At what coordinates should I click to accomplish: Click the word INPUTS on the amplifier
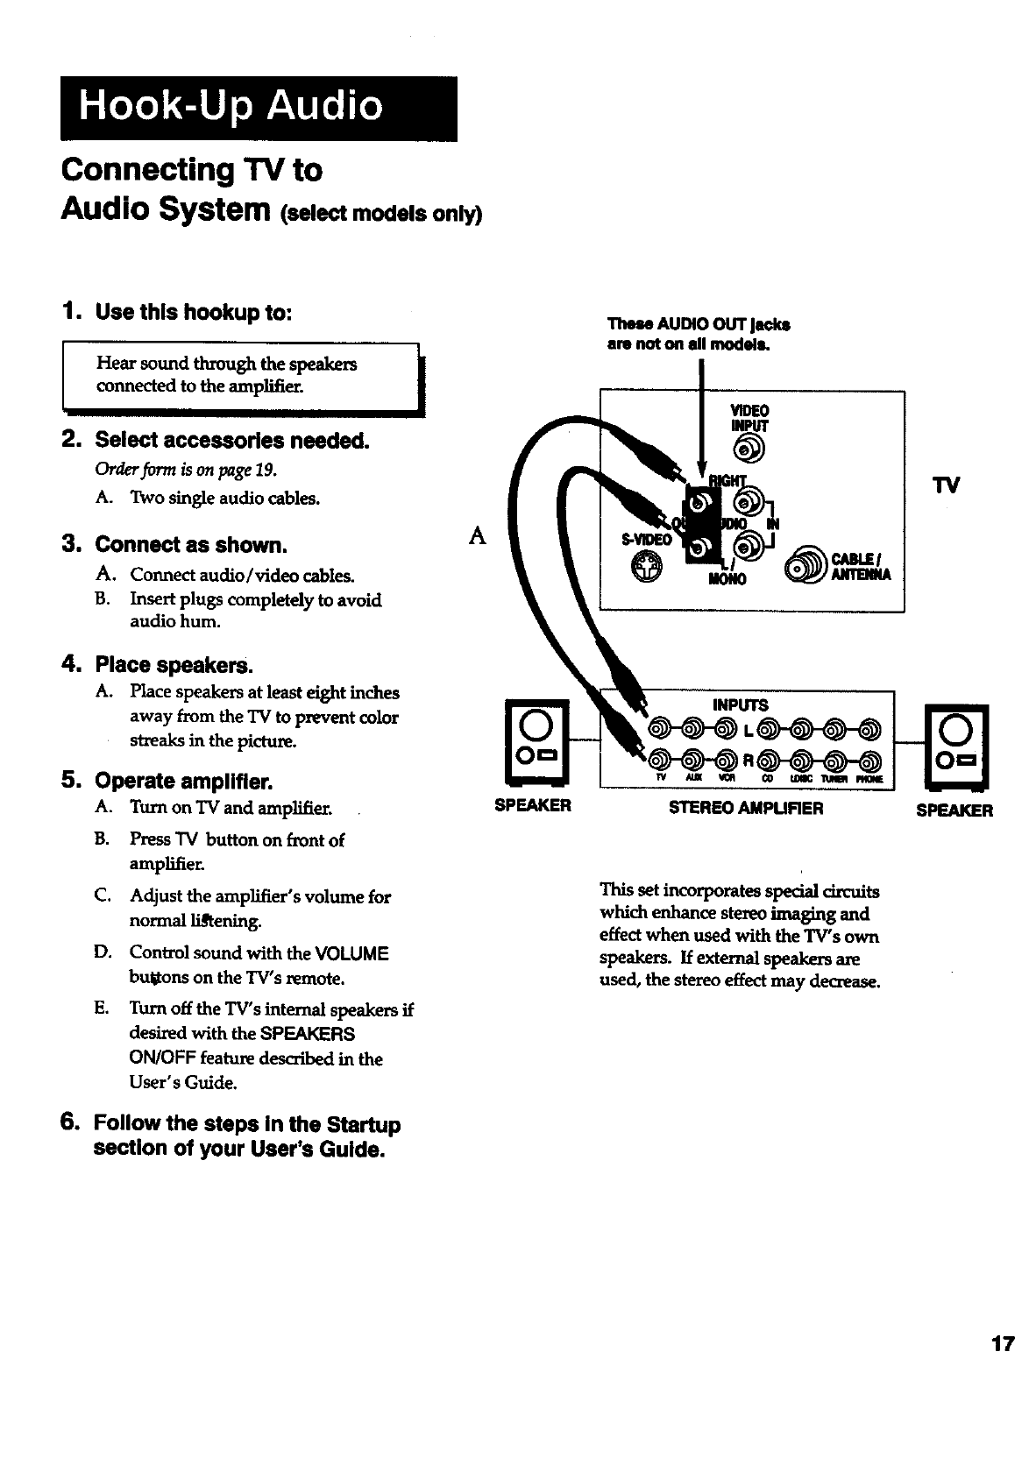point(741,705)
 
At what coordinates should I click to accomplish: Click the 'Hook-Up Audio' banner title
point(231,107)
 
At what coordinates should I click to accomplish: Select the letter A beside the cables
point(478,535)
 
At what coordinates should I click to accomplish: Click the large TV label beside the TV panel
point(949,485)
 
